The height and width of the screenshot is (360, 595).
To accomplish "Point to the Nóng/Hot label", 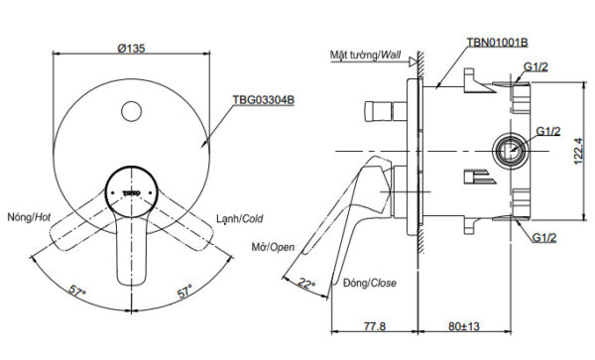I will point(27,216).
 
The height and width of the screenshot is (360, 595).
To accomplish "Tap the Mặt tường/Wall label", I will point(368,57).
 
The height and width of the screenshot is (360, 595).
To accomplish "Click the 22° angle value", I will point(305,284).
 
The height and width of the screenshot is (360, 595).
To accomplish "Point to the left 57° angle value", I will point(77,294).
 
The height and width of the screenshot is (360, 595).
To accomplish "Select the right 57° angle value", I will point(183,294).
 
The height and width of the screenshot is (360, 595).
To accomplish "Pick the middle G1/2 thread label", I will point(548,131).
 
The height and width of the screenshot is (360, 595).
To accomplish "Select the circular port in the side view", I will point(509,152).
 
